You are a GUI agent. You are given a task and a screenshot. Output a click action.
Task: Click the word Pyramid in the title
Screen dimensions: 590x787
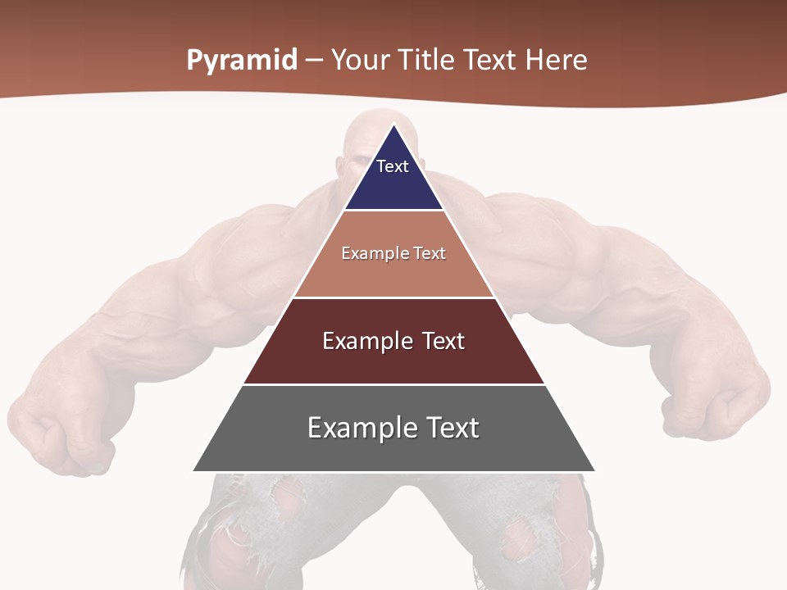point(242,61)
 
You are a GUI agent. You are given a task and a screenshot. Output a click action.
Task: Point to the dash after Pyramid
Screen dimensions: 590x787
point(314,61)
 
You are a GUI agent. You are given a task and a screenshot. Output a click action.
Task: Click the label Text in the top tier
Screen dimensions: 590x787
point(393,166)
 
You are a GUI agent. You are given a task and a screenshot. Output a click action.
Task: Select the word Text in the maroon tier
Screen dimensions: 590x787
point(443,341)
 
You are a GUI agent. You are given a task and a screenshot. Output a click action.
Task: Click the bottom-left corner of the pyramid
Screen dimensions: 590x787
point(193,471)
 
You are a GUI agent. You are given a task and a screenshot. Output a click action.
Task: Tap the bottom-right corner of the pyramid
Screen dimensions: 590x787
point(595,471)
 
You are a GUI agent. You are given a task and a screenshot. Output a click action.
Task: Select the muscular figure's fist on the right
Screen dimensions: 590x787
point(709,410)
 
